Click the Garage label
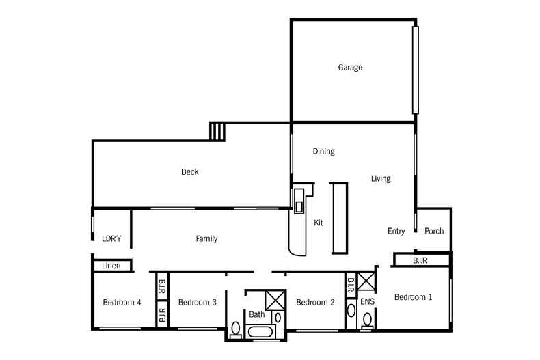[349, 68]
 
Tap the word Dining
[323, 152]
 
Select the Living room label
[381, 179]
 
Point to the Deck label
[190, 172]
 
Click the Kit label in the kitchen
[318, 223]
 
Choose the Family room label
[206, 239]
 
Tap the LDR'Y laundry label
[111, 239]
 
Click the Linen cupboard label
[111, 266]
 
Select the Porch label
[434, 231]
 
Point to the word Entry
[396, 232]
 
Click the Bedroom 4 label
[122, 302]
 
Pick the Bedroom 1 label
[414, 297]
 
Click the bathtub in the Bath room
[259, 333]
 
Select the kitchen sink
[299, 206]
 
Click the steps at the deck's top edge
[217, 130]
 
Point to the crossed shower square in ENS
[366, 281]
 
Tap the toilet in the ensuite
[367, 319]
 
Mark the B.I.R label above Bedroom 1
[421, 260]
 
